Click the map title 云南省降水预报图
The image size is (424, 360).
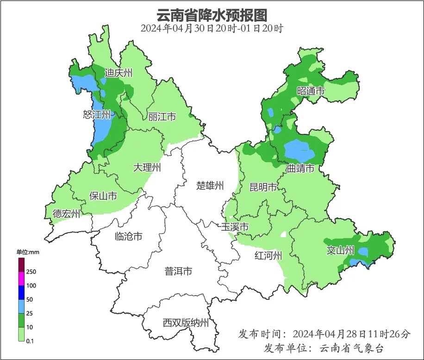212,15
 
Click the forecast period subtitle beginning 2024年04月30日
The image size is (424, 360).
212,28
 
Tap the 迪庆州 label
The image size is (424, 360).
118,73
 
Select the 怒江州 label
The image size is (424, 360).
97,114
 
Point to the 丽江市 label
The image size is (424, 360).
162,117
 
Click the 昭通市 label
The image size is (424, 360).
311,91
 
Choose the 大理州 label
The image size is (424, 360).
147,168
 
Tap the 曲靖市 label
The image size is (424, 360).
300,168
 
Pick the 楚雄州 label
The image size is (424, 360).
210,186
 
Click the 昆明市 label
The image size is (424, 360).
263,187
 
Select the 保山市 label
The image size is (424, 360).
103,196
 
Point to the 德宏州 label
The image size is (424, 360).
66,214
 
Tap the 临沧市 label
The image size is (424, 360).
128,237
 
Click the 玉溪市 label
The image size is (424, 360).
235,227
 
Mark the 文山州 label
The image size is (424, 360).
340,251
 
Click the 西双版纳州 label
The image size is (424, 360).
186,323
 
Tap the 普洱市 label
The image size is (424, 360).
178,272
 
